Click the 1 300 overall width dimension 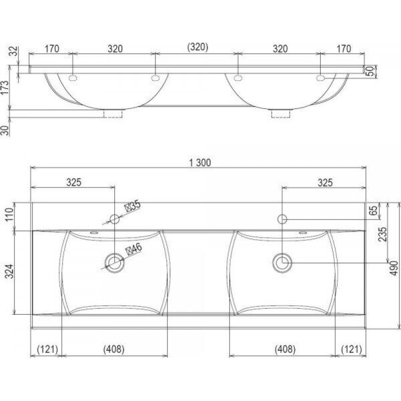[x=200, y=162]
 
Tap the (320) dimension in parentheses [x=197, y=47]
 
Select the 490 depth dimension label [x=394, y=268]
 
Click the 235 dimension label [x=383, y=234]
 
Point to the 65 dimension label [x=373, y=210]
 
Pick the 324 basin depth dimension [x=10, y=271]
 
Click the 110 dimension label [x=10, y=216]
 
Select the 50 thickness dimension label [x=370, y=71]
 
